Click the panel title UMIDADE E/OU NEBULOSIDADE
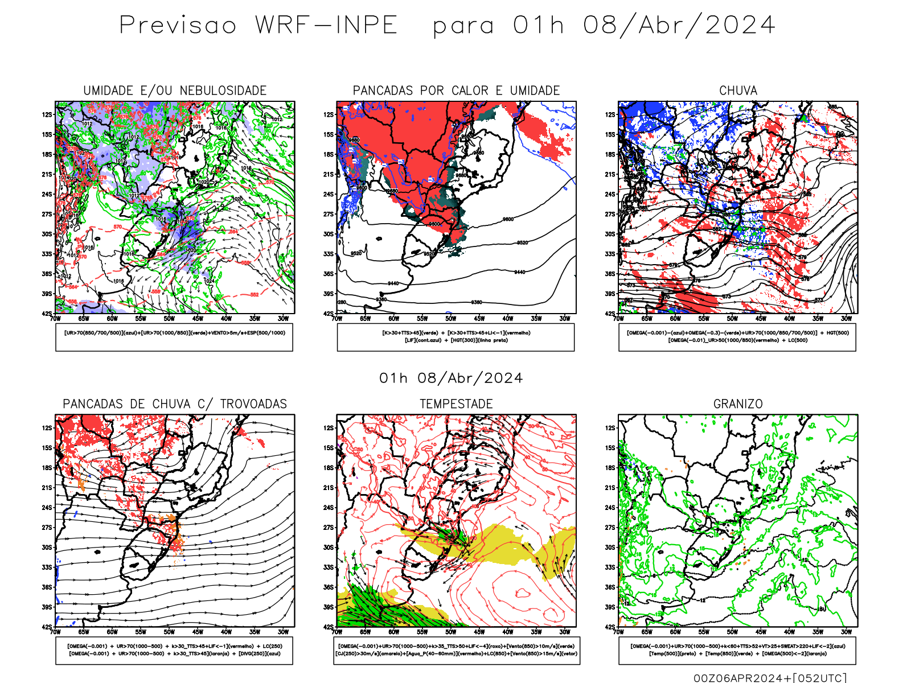click(175, 90)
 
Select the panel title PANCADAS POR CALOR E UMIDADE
click(456, 90)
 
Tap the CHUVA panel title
click(738, 90)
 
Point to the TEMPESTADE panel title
click(456, 404)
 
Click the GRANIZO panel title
click(738, 404)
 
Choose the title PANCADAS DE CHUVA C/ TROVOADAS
click(175, 404)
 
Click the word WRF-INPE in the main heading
click(326, 25)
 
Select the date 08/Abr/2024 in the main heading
click(679, 25)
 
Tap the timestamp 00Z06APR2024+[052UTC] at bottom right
click(770, 678)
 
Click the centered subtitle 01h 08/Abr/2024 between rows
click(451, 378)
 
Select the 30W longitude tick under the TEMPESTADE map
click(564, 632)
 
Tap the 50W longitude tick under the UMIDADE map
click(169, 319)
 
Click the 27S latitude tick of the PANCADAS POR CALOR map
click(329, 214)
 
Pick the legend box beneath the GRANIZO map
click(737, 650)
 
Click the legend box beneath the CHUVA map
click(737, 337)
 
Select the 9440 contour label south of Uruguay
click(393, 283)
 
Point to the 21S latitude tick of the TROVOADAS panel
click(47, 487)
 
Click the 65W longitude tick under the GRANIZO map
click(647, 632)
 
